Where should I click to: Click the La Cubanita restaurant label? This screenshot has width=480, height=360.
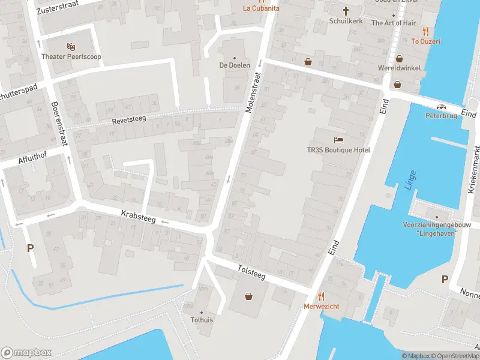coord(260,8)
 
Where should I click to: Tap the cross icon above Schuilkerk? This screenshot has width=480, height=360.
coord(346,10)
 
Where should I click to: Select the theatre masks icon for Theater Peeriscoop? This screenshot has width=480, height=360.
coord(71,46)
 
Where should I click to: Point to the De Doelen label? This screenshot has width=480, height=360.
coord(234,65)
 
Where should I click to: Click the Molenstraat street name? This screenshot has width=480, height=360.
coord(254,93)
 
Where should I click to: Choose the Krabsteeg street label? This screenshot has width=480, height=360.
coord(138,217)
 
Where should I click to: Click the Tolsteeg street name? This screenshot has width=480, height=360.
coord(251,271)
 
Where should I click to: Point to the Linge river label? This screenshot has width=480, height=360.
coord(410,178)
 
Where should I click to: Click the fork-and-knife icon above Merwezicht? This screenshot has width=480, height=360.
coord(321,296)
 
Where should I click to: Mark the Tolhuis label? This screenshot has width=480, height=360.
coord(202,320)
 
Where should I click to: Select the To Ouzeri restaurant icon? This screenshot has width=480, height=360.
coord(425,31)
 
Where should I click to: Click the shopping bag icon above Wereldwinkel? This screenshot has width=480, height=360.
coord(399,59)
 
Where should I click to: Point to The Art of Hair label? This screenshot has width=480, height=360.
coord(394,23)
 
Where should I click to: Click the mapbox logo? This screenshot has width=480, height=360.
coord(26,352)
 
